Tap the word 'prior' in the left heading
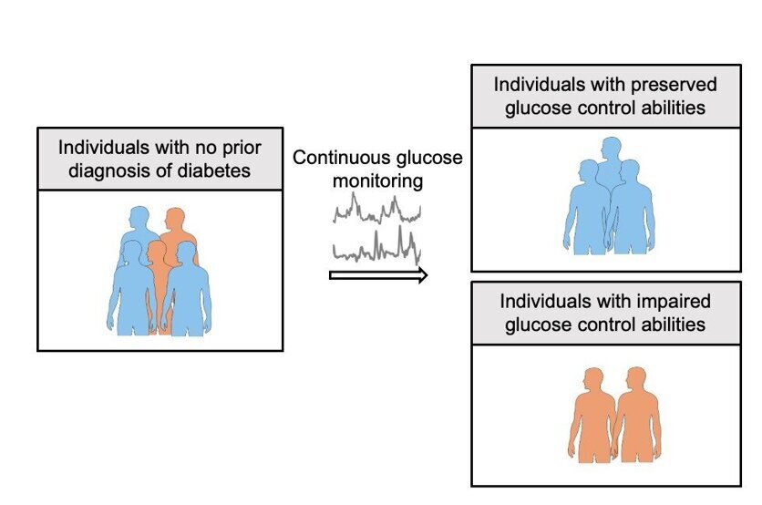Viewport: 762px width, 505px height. [x=232, y=147]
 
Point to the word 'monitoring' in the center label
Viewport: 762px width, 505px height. [x=377, y=180]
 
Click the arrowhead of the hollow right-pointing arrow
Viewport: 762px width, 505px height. [x=420, y=275]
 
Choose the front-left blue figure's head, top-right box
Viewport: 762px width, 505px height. [x=587, y=171]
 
